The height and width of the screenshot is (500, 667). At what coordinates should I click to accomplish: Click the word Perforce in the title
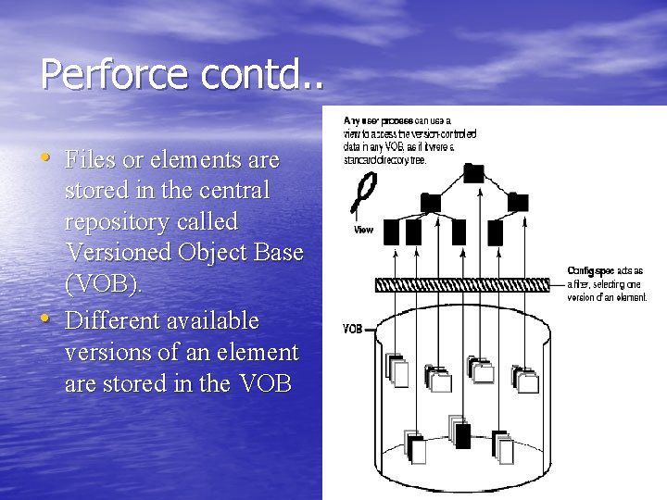(102, 74)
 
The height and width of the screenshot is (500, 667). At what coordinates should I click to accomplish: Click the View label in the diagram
(364, 229)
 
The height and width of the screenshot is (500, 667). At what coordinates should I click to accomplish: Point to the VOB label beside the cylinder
(352, 329)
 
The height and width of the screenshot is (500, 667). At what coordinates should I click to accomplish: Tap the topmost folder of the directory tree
(473, 171)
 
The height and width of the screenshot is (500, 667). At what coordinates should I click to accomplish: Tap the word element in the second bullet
(258, 353)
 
